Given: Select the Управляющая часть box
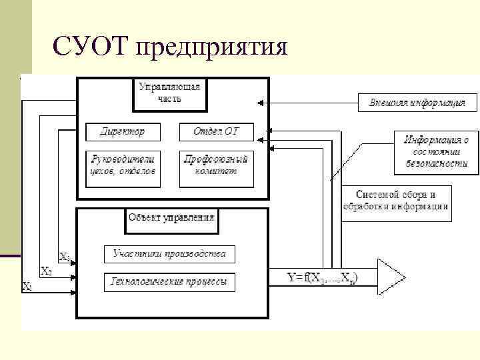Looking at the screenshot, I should tap(169, 94).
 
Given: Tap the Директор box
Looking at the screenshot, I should tap(124, 131).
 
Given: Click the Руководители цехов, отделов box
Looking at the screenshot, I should tap(124, 165).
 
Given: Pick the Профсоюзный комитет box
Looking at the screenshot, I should tap(215, 165).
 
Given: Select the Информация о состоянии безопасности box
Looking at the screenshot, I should tap(436, 151).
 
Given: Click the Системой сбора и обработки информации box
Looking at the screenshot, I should tap(396, 201).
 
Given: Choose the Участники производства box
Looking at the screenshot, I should tap(169, 254).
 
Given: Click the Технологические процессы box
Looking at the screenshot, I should tap(169, 282).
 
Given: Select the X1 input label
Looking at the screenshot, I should tap(27, 286).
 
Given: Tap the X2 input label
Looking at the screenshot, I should tap(46, 271).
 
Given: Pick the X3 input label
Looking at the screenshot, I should tap(65, 256).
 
